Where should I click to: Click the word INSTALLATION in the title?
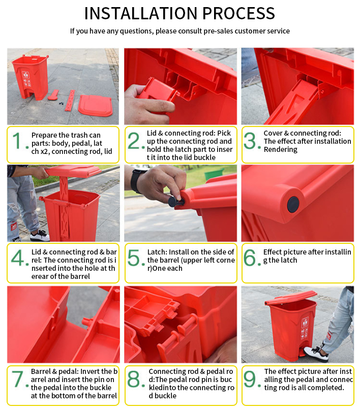click(x=141, y=13)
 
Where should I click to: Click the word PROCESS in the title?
click(x=238, y=13)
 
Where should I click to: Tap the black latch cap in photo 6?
click(x=293, y=204)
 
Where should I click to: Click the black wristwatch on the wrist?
click(x=136, y=181)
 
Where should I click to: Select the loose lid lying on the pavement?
click(x=95, y=105)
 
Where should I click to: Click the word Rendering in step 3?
click(x=281, y=149)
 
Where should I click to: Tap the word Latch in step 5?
click(x=157, y=252)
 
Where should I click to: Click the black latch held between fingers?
click(x=174, y=202)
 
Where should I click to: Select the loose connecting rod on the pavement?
click(x=70, y=101)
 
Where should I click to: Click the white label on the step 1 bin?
click(x=25, y=75)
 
